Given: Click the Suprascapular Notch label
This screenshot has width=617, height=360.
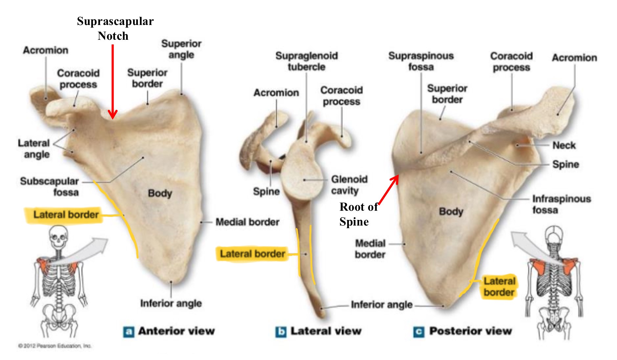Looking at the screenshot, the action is pos(115,28).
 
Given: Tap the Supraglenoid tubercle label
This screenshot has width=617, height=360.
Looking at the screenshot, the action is pos(306,61).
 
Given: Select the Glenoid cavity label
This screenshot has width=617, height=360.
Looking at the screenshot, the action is pos(349,185).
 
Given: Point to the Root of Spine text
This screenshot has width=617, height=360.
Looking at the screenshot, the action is pos(358,214).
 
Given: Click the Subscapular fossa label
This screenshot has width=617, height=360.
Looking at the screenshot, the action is pos(50,186).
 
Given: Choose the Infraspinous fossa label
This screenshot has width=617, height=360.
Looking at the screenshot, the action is pos(561,204).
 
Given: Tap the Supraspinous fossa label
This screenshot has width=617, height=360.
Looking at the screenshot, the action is pos(421,61).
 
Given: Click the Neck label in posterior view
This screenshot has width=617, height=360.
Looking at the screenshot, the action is pos(564,145).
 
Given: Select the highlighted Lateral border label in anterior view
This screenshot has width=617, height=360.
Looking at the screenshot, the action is pos(66,215).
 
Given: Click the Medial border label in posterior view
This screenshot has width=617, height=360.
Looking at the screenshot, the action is pos(370,249).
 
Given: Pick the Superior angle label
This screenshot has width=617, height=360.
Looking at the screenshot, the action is pos(181,49).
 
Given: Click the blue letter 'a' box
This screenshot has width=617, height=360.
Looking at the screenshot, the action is pos(128,332).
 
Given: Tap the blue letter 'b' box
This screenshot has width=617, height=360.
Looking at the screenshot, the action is pos(281,332).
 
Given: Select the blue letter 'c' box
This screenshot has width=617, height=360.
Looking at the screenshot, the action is pos(419,332).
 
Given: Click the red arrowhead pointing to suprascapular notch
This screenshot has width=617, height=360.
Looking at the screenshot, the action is pos(113,115).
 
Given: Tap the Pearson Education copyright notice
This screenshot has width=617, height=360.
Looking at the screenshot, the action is pos(55,346).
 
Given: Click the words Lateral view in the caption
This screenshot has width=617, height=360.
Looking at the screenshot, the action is pos(326,331).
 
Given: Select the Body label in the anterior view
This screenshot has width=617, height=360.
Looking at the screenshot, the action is pos(160,193).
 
